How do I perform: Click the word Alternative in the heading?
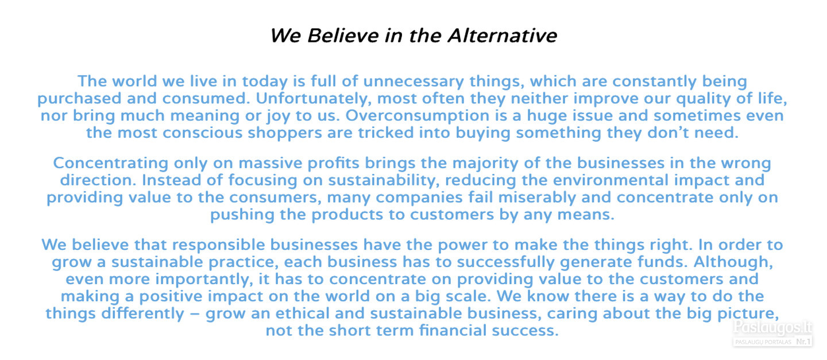(x=502, y=36)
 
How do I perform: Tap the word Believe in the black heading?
(x=343, y=36)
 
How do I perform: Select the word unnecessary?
(x=413, y=81)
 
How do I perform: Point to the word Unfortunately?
(x=314, y=99)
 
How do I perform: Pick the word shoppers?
(x=285, y=133)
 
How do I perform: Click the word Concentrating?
(x=111, y=163)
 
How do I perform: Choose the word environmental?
(x=610, y=180)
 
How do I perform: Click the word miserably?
(x=537, y=198)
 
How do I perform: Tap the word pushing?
(x=242, y=215)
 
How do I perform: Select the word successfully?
(x=506, y=262)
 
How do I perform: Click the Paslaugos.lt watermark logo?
(x=772, y=327)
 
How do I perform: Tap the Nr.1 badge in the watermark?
(x=803, y=342)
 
